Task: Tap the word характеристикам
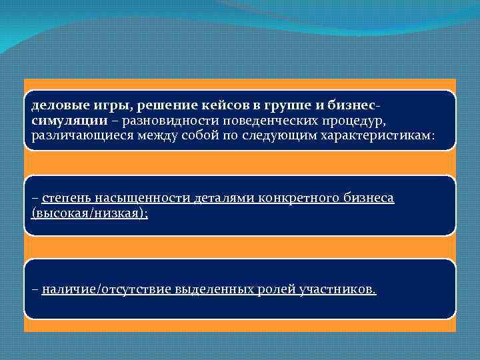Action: [379, 135]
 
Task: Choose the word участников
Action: [339, 290]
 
